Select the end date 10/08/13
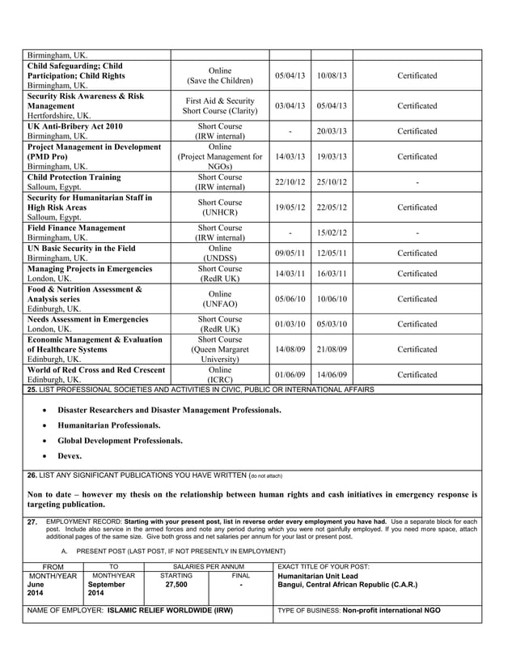click(332, 75)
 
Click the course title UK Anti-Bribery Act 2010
click(74, 126)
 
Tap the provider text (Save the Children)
click(220, 81)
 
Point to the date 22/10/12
click(290, 182)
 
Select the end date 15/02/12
click(332, 233)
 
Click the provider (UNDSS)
click(220, 258)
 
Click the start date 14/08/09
click(290, 349)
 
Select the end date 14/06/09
click(332, 375)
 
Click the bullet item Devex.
click(70, 456)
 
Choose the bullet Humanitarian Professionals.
click(108, 425)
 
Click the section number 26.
click(32, 475)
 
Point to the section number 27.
click(32, 522)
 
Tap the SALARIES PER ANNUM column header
click(209, 565)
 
